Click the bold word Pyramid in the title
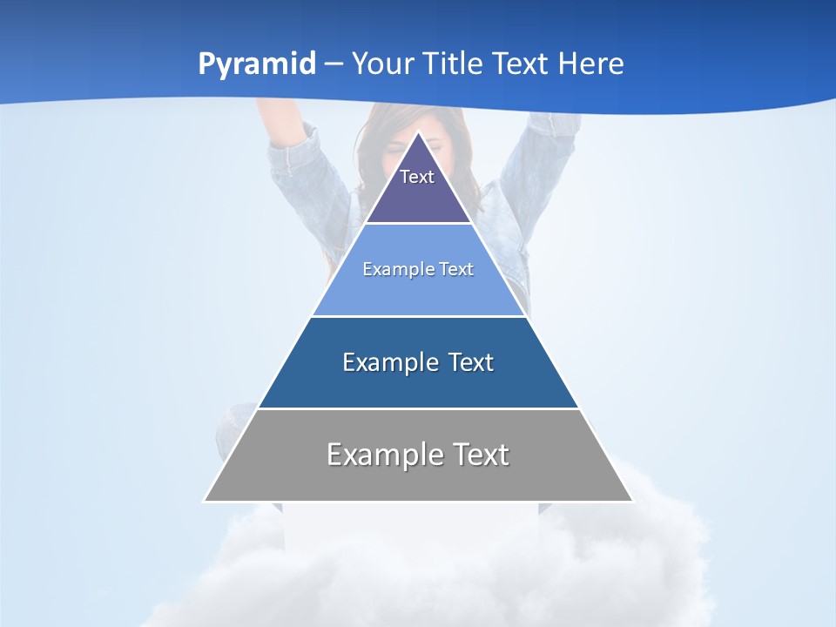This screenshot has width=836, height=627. [256, 64]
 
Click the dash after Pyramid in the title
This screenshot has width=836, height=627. [334, 64]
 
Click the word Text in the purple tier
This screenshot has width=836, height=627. [417, 177]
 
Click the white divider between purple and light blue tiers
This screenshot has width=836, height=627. [418, 224]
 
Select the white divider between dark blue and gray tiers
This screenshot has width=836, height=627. [418, 408]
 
